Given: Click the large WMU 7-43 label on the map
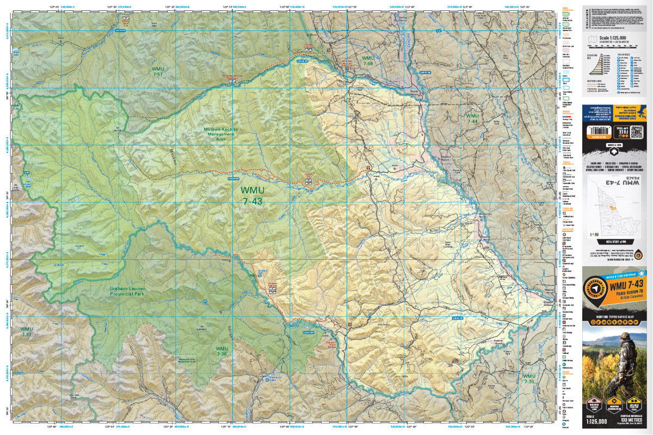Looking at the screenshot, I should (x=253, y=196).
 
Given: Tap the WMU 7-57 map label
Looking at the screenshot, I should (x=158, y=72).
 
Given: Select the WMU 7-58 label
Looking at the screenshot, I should (x=368, y=61).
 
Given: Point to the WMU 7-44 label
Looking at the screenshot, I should (x=471, y=120).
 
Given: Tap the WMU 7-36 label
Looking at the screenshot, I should (x=221, y=351).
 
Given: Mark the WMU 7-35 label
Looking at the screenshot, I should (x=528, y=379).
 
